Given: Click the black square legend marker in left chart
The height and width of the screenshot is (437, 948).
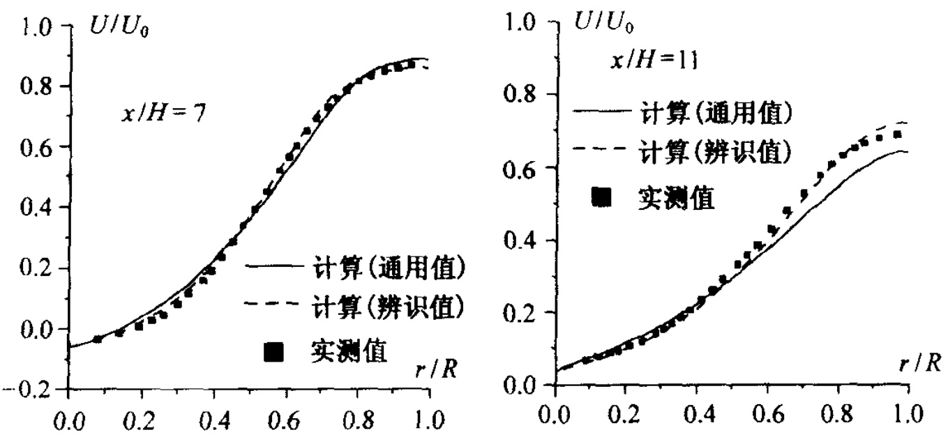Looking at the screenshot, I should (274, 353).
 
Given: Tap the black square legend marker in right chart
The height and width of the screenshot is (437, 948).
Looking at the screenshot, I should (601, 199).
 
